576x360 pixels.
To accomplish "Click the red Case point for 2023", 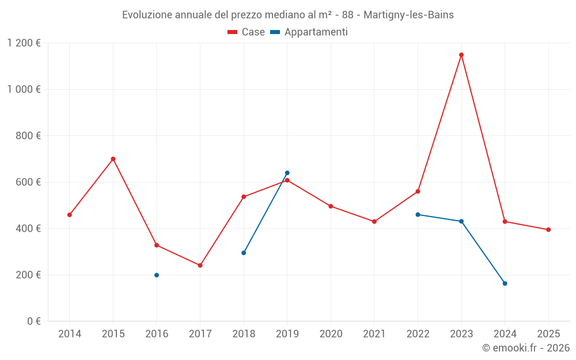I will point(461,55).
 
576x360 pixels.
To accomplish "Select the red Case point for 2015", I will point(113,159).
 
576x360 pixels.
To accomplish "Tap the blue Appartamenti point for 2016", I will point(157,275).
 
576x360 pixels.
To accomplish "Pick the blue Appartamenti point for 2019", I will point(287,173).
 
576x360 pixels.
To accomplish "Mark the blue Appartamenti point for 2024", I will point(505,283).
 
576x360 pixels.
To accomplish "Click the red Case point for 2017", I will point(200,266).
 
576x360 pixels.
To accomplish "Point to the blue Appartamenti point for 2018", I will point(244,253).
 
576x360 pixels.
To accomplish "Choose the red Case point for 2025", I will point(548,230).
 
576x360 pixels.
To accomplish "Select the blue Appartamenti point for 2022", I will point(418,214).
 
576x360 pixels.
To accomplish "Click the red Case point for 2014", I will point(70,215).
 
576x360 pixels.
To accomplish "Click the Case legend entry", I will point(247,32).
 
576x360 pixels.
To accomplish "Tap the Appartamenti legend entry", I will point(309,32).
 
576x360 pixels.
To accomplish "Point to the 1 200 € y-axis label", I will point(24,43).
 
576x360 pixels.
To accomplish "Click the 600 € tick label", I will point(28,182).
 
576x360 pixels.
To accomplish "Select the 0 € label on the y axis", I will point(33,321).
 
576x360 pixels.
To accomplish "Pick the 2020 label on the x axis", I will point(331,334).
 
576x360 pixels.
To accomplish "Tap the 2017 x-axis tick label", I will point(200,334).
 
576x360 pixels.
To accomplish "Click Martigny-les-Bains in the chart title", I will point(408,15).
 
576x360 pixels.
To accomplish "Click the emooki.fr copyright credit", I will point(526,348).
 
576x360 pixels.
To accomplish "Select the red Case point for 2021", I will point(374,222).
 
